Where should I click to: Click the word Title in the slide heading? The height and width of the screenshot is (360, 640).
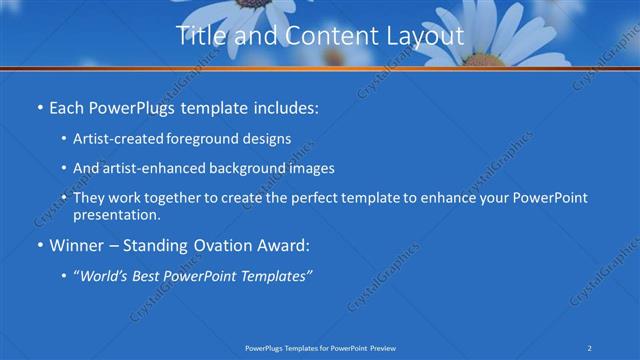click(x=200, y=36)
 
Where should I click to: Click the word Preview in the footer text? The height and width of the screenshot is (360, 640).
click(x=389, y=347)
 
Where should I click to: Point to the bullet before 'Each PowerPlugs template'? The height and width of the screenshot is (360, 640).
click(x=38, y=106)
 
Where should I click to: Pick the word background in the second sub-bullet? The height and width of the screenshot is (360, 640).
click(x=244, y=169)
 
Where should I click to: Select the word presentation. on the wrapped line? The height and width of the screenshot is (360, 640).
click(x=116, y=214)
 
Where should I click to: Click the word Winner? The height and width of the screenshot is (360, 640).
click(x=76, y=245)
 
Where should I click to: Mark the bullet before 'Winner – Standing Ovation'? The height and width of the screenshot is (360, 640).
click(x=38, y=245)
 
